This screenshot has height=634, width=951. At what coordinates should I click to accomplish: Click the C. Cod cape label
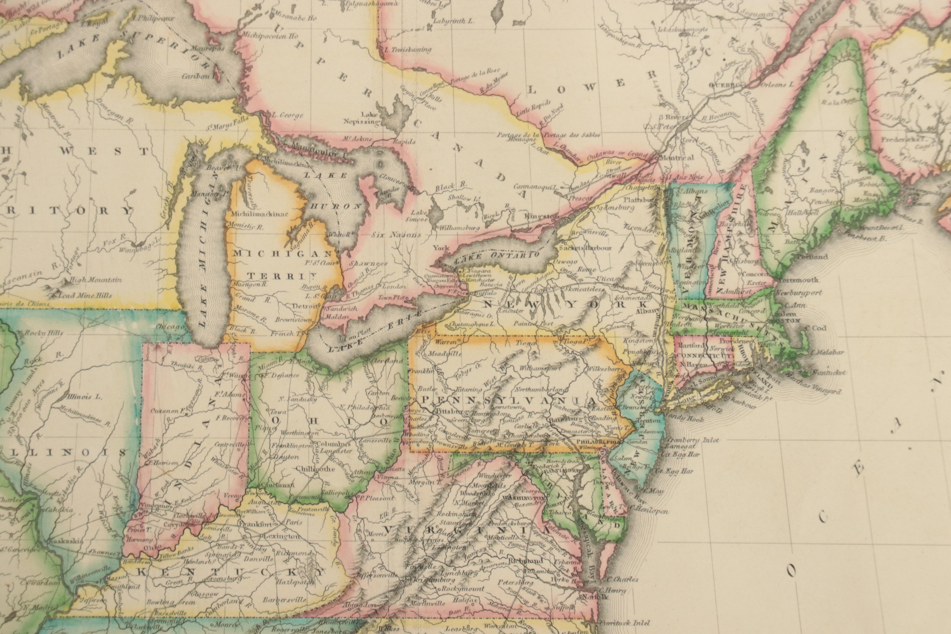[x=816, y=328]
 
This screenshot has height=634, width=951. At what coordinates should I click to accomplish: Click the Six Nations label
[x=396, y=234]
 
